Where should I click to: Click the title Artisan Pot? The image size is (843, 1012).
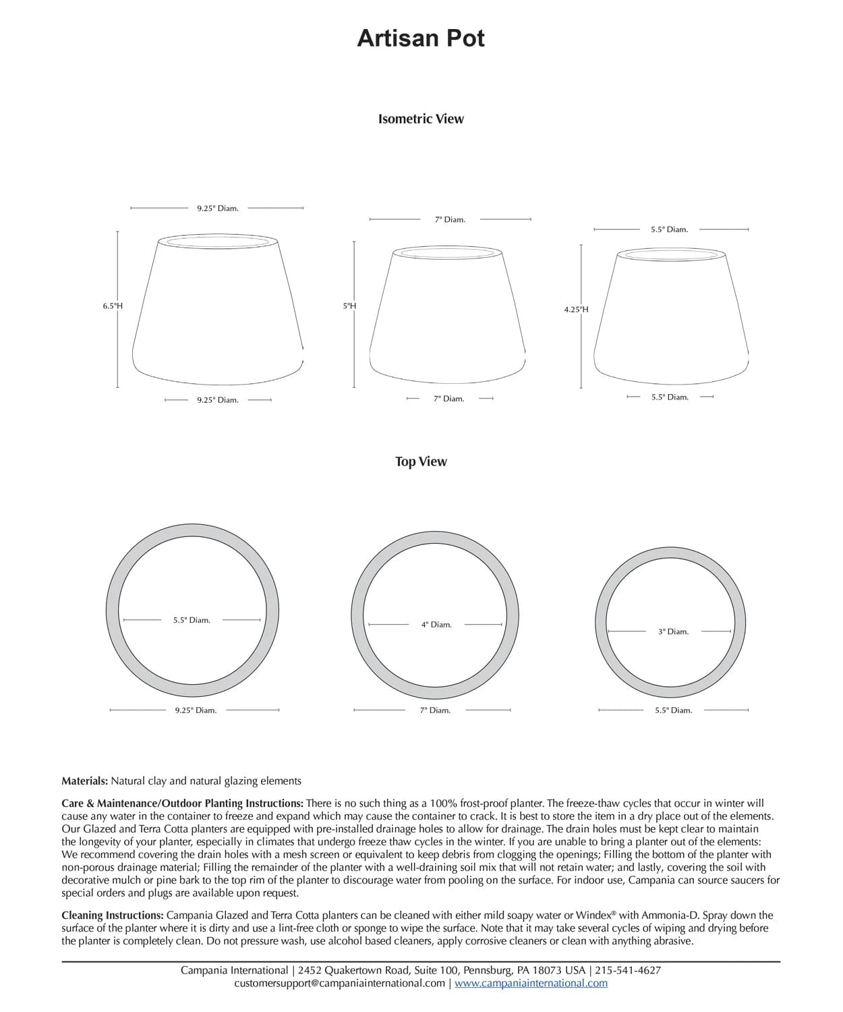coord(421,38)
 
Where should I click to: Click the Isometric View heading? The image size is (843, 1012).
coord(421,119)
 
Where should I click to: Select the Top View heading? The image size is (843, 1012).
coord(421,461)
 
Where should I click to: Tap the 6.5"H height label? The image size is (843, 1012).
coord(113,306)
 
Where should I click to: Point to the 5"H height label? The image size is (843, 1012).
coord(349,306)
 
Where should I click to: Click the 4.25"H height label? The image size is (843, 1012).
coord(576,310)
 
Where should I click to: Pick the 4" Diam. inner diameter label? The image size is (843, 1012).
coord(436,625)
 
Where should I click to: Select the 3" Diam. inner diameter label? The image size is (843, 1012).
coord(673,631)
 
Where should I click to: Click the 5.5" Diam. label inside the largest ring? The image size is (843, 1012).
coord(192,620)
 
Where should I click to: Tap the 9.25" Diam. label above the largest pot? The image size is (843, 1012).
coord(218,208)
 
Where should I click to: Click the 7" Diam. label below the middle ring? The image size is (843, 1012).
coord(435,710)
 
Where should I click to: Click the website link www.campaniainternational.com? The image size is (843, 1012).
coord(531,983)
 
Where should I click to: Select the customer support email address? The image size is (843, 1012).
coord(339,983)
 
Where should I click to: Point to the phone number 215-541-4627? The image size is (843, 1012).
coord(629,970)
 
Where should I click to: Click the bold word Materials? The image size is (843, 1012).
coord(84,781)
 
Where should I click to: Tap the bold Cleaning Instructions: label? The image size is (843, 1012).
coord(112,916)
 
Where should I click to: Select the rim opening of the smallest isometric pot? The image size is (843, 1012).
coord(672,254)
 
